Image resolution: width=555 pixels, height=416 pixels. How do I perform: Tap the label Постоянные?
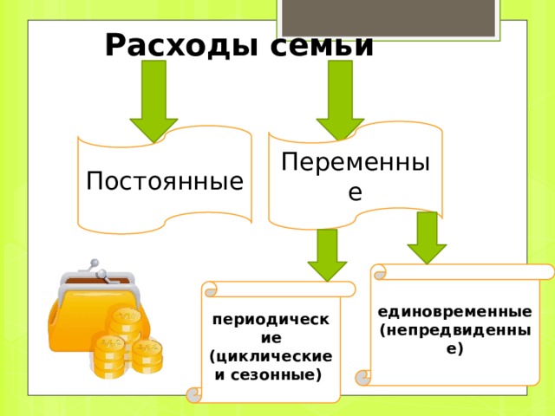tap(165, 181)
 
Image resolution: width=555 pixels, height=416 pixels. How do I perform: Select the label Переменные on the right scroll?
tap(356, 174)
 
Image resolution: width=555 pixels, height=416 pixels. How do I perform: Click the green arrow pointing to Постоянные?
tap(153, 100)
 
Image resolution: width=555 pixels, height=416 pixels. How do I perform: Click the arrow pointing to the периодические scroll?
tap(327, 254)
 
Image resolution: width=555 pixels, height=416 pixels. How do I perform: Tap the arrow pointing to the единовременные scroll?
tap(427, 237)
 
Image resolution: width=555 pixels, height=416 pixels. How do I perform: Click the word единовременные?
tap(455, 310)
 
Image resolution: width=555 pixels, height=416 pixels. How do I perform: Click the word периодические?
tap(271, 328)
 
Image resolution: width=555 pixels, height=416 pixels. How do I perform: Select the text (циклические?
tap(271, 357)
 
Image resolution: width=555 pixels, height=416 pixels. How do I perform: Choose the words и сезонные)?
tap(269, 374)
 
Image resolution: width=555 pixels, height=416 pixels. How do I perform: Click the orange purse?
tap(83, 317)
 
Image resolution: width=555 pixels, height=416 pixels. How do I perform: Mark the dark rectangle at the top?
tap(388, 16)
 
